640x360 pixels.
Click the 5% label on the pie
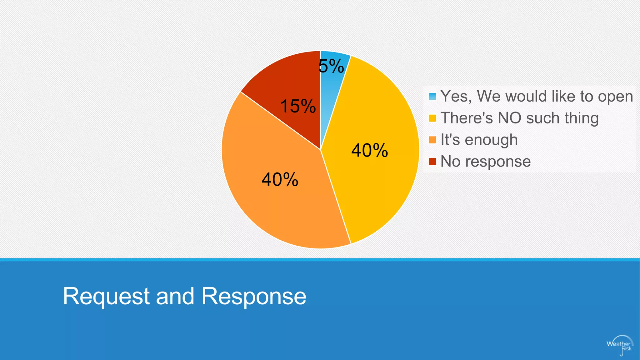[331, 66]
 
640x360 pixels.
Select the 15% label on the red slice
[298, 106]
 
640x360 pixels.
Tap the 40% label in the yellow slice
[370, 150]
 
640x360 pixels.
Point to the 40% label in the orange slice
[280, 180]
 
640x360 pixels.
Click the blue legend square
[432, 97]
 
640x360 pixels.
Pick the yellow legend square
[432, 118]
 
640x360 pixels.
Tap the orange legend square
[432, 140]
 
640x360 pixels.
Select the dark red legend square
[432, 162]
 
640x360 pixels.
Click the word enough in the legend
[491, 140]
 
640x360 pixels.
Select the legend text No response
[485, 162]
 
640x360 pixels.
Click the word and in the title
[175, 296]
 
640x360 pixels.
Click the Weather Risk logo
[619, 346]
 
